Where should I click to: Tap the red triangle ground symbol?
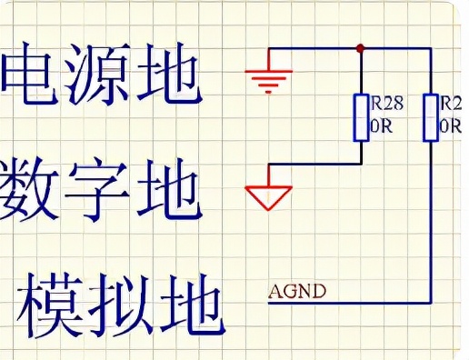269,194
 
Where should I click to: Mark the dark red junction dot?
361,47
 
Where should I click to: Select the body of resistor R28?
361,117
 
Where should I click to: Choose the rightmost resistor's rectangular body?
429,117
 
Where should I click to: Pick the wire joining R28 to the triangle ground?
318,165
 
